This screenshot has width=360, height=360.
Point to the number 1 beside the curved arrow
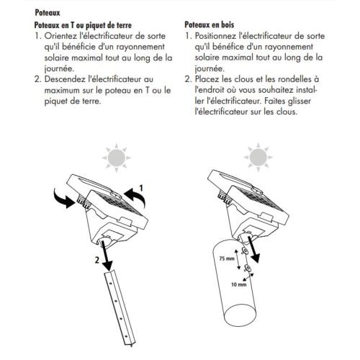click(x=143, y=186)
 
